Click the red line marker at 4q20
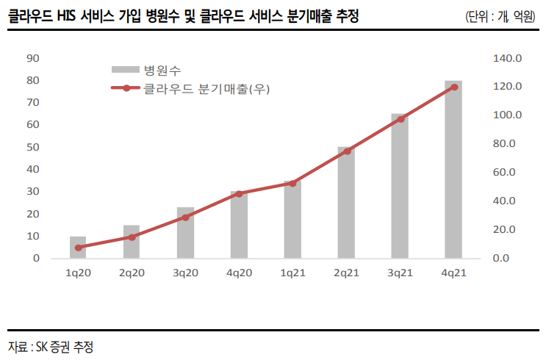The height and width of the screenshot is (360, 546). click(x=239, y=193)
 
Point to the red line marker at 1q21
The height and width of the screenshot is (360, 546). click(x=292, y=183)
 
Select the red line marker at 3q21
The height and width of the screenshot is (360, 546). click(x=400, y=118)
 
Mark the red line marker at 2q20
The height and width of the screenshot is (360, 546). click(x=132, y=237)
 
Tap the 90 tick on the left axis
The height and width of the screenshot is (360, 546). click(x=32, y=57)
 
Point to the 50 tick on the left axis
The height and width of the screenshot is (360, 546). click(x=32, y=147)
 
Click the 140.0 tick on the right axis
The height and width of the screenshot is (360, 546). click(x=508, y=57)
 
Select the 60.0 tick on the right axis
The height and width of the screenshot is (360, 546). click(x=508, y=172)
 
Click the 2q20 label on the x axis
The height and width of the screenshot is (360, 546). click(x=132, y=272)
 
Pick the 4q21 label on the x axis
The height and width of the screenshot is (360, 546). click(x=453, y=272)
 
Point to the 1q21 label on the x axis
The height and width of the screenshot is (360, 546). click(x=292, y=272)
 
